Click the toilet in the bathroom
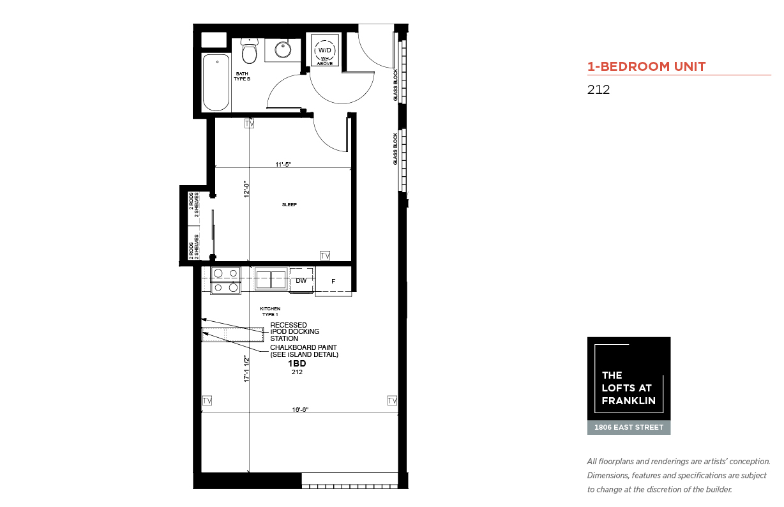pos(249,51)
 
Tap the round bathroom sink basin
pos(283,50)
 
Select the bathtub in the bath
pos(216,82)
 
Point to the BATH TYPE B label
pos(242,77)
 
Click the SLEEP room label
pos(289,204)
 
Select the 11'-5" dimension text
pos(283,164)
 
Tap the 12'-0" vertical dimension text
pos(246,190)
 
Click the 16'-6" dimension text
pos(300,409)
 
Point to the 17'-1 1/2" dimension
pos(246,368)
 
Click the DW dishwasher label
pos(301,280)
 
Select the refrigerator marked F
pos(333,281)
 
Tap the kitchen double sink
pos(271,279)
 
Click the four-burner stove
pos(225,280)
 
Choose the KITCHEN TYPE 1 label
pos(270,312)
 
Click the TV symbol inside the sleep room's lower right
pos(325,255)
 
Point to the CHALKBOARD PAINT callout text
pos(304,351)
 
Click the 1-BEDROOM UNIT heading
pos(647,66)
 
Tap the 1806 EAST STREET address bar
pos(629,427)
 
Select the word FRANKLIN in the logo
pos(629,401)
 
